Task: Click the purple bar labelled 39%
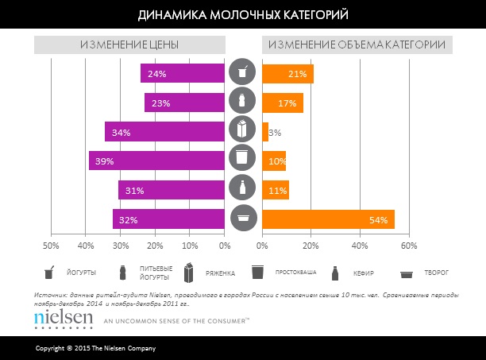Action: pos(157,161)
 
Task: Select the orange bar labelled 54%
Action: pos(328,219)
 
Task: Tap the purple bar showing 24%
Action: pos(183,74)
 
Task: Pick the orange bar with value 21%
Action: pos(287,74)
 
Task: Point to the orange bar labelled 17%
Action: pos(283,103)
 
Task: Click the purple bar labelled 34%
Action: pos(165,132)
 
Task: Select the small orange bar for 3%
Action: pos(265,132)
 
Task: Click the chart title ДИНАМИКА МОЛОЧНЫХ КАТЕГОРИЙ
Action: pos(242,15)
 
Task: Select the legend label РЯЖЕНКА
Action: pos(220,273)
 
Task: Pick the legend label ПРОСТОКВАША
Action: pos(296,273)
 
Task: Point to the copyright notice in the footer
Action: pos(95,349)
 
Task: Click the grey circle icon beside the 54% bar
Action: pos(243,219)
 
